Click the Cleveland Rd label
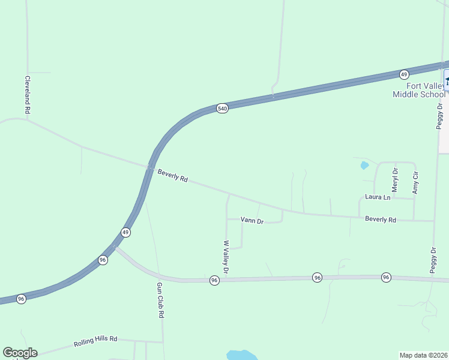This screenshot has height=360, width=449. [27, 95]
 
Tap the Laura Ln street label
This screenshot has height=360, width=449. [378, 197]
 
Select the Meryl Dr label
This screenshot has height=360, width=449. [395, 179]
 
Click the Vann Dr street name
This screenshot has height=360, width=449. [252, 221]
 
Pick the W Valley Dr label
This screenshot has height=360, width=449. [226, 257]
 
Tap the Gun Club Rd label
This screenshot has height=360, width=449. [160, 300]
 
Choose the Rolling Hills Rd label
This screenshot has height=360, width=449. [95, 341]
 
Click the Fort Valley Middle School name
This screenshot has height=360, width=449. [420, 90]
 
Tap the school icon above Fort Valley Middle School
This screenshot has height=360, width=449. [446, 78]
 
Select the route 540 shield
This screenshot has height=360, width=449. [223, 108]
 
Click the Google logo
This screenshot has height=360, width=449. [20, 353]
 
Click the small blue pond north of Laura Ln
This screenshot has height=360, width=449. [364, 166]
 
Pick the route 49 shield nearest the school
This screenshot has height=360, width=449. [404, 74]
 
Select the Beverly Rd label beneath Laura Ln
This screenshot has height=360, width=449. [381, 220]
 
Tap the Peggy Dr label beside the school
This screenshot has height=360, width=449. [440, 116]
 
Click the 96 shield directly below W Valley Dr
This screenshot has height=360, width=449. [214, 280]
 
